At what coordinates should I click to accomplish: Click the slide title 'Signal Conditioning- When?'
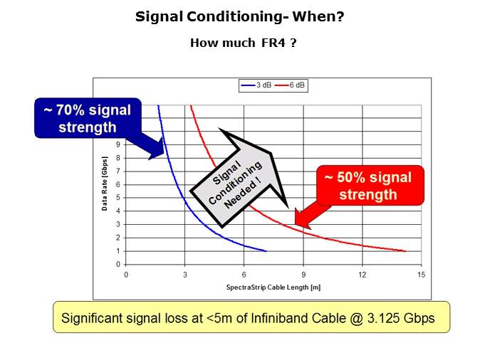point(240,15)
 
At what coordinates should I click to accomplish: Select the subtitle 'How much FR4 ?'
point(243,43)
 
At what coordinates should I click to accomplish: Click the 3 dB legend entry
point(256,85)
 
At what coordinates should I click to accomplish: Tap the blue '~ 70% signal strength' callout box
point(87,117)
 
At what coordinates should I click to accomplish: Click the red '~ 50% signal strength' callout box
point(370,185)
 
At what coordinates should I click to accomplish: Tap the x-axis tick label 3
point(185,275)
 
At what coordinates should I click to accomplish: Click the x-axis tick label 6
point(244,275)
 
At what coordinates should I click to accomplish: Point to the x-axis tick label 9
point(303,275)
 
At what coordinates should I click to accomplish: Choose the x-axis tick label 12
point(362,275)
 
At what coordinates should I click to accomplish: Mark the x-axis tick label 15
point(421,275)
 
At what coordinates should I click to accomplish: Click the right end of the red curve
point(405,251)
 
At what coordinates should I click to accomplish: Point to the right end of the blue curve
point(266,251)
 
